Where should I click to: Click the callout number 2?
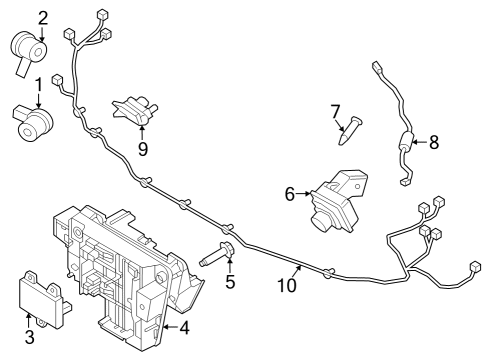[43, 19]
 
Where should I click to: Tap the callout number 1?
[39, 85]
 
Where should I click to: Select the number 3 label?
[30, 337]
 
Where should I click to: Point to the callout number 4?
[184, 328]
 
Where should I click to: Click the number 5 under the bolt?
[230, 282]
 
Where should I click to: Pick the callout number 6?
[290, 194]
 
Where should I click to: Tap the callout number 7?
[336, 111]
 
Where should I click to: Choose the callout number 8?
[434, 143]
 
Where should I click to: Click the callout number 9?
[143, 149]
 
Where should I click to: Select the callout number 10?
[287, 285]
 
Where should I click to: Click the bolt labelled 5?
[217, 254]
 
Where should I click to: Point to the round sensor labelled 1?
[33, 123]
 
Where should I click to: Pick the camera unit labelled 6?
[338, 203]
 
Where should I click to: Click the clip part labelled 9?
[135, 109]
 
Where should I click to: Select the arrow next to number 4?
[171, 328]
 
